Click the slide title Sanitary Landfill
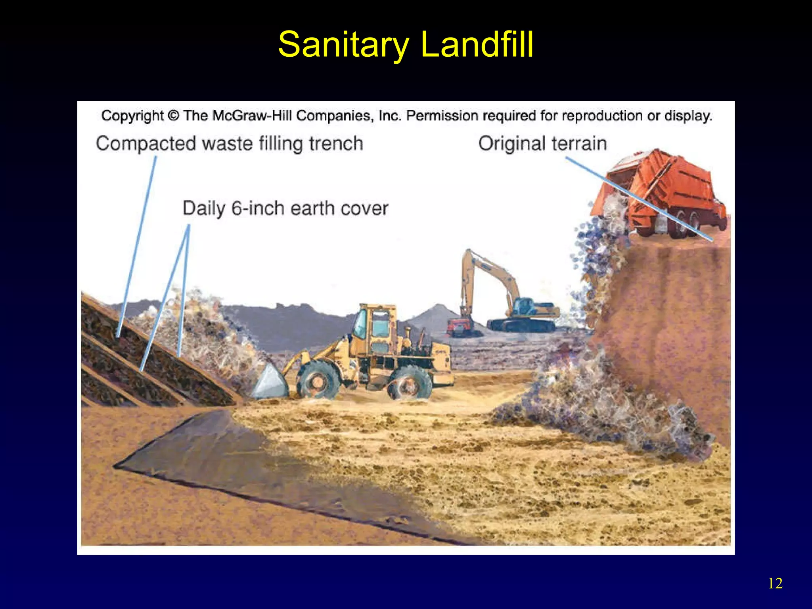pos(406,44)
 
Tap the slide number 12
pos(775,584)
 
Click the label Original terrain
pos(542,144)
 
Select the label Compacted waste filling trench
pos(229,144)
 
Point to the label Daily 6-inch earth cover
pos(285,209)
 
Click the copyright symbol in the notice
pos(173,116)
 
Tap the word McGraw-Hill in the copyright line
pos(253,116)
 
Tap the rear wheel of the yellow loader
pos(409,383)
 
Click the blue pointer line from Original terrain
pos(638,198)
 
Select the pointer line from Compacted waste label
pos(137,246)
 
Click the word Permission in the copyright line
pos(442,116)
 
